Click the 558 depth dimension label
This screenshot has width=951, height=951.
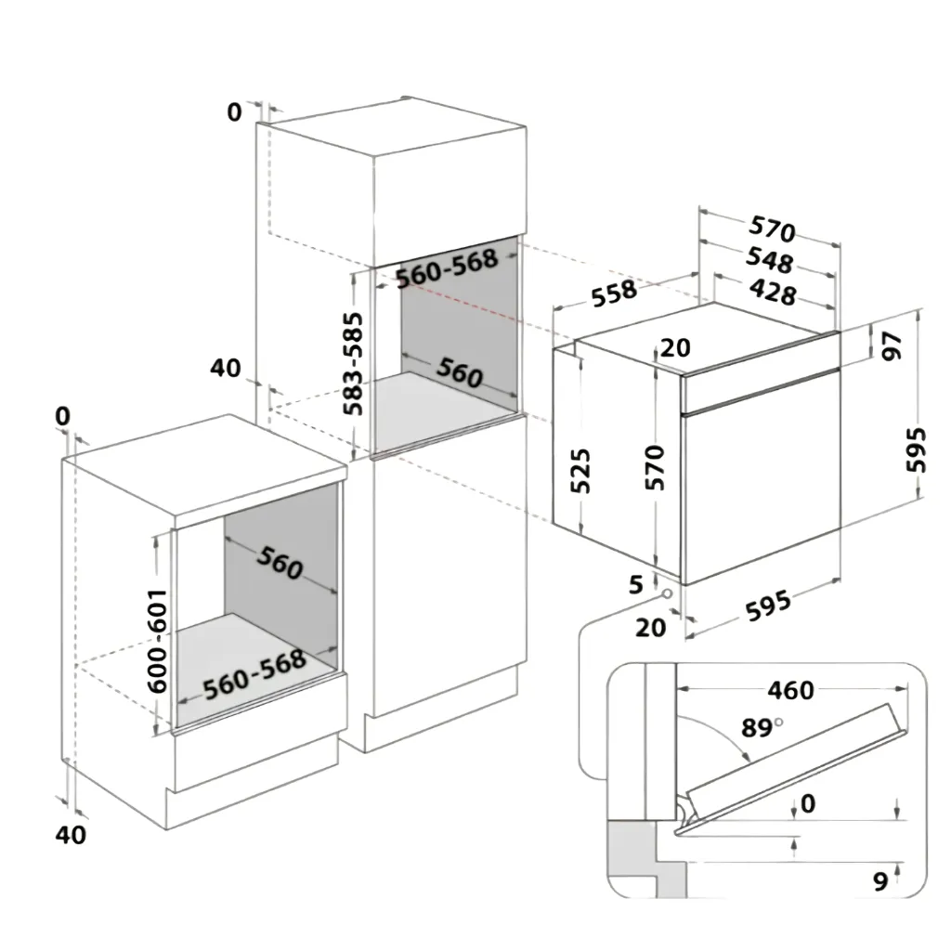(x=615, y=293)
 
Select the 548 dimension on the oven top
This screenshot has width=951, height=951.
(x=769, y=260)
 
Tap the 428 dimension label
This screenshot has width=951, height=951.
(x=773, y=293)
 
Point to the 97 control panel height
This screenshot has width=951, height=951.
(x=891, y=346)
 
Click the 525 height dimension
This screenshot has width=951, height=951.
(x=580, y=471)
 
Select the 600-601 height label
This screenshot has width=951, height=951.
(x=158, y=641)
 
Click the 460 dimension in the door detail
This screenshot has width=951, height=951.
(x=790, y=690)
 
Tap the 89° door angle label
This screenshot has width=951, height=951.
(x=762, y=726)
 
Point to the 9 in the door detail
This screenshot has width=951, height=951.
(x=880, y=880)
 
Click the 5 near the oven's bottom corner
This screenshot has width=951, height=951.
(x=635, y=585)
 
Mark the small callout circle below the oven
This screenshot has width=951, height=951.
(x=668, y=593)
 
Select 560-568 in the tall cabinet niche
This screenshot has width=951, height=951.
(x=447, y=268)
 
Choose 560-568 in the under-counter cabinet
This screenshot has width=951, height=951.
(x=254, y=674)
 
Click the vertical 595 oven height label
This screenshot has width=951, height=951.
(x=916, y=449)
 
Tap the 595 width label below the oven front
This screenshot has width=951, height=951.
(x=768, y=606)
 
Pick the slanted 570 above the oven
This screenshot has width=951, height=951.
(x=772, y=228)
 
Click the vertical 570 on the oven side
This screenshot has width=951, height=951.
(x=655, y=467)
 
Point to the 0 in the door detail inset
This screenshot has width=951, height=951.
(x=808, y=803)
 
